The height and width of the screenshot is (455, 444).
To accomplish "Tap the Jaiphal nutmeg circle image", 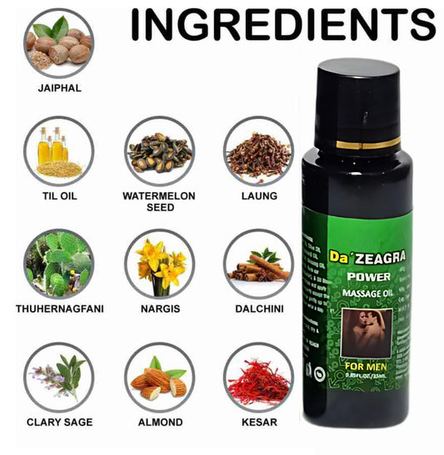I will pos(59,43).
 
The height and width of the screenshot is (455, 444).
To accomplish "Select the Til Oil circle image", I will pos(59,151).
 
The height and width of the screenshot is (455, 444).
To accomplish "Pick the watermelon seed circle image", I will pos(159,151).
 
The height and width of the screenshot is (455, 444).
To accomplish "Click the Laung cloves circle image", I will pos(258,151).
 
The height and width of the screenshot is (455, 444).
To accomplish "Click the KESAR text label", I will pos(258,423).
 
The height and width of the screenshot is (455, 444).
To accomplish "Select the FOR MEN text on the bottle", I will pos(364,363).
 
